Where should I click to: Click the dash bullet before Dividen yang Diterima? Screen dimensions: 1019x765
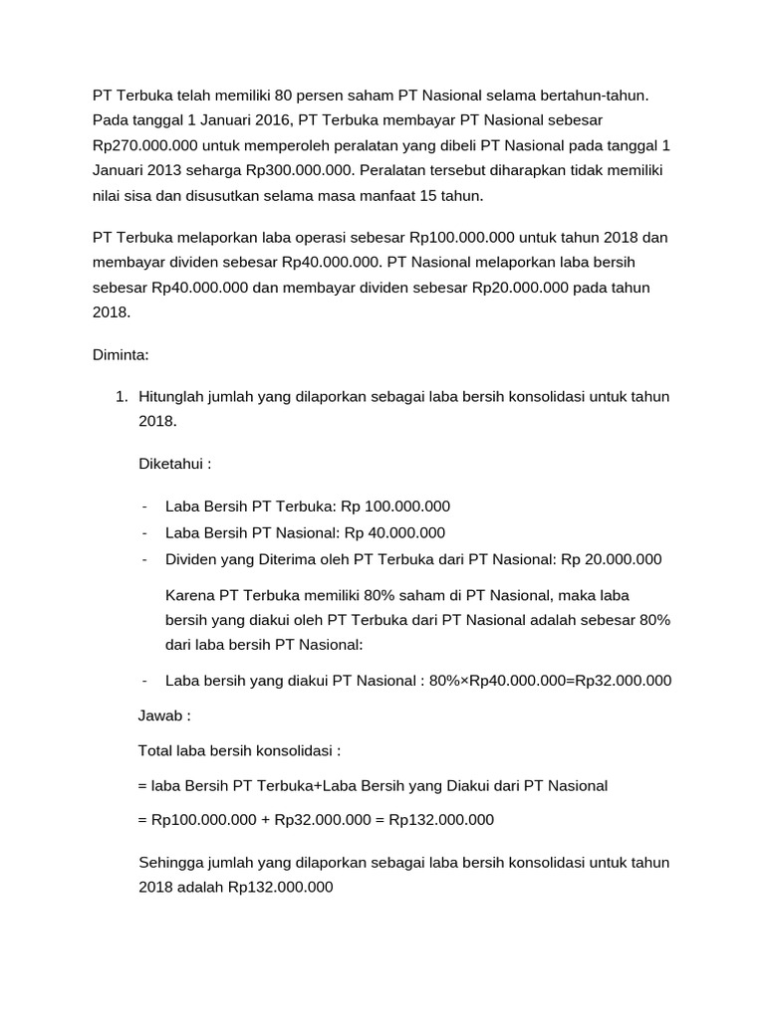145,559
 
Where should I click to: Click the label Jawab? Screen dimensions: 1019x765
161,715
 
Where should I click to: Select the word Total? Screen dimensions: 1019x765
156,750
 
